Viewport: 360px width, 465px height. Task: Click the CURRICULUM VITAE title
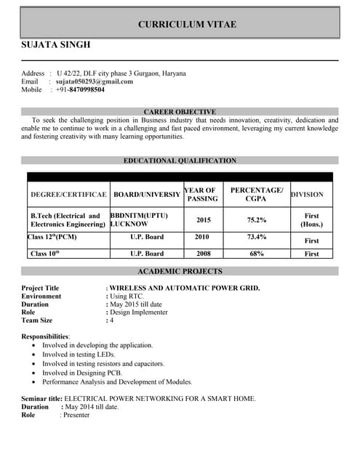(187, 25)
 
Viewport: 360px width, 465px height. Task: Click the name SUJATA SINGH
(56, 45)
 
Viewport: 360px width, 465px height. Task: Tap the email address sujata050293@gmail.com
(95, 81)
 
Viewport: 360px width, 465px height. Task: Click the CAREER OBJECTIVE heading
(180, 111)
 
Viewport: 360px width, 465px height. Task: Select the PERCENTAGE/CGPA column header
(256, 194)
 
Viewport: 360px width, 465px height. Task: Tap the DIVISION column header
(311, 195)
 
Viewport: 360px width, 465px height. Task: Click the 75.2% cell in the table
(256, 219)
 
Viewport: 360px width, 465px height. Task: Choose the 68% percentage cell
(256, 254)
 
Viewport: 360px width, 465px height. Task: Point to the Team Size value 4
(111, 320)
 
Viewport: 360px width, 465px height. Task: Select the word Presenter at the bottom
(76, 416)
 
